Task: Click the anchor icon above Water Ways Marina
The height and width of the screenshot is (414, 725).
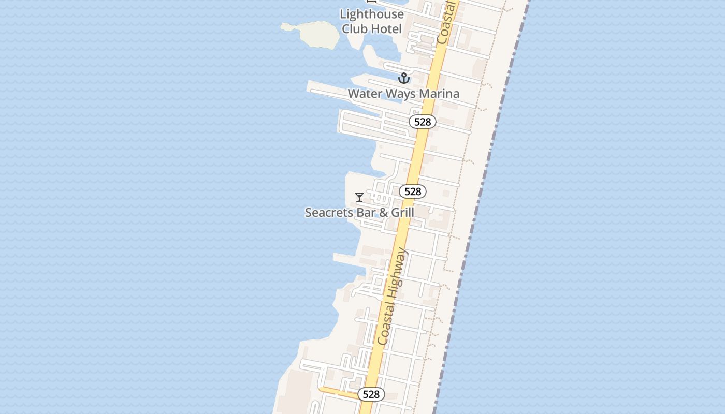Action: [x=403, y=79]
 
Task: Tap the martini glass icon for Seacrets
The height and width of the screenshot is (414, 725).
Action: [x=359, y=197]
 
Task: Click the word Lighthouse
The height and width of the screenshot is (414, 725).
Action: [x=371, y=14]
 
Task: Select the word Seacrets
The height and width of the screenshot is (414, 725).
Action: [x=329, y=213]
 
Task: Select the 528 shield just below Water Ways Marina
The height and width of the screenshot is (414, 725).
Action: [x=423, y=122]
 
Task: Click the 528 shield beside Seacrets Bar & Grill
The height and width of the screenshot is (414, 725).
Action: [x=413, y=191]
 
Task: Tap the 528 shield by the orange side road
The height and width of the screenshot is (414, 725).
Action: [x=371, y=394]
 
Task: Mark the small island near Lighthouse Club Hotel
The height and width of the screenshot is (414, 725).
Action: [x=312, y=34]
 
